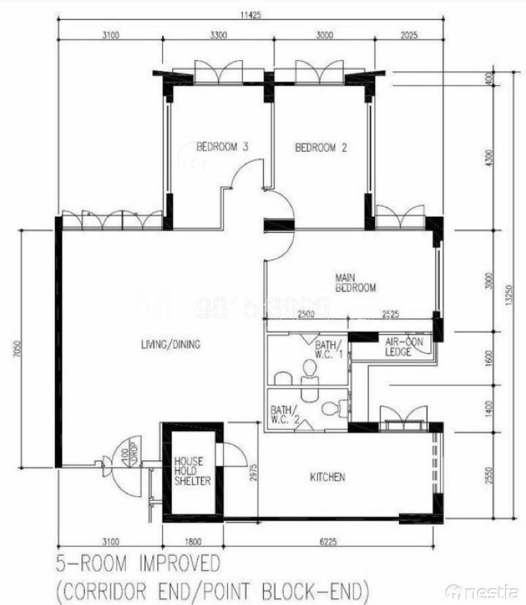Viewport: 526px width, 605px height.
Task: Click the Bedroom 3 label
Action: pyautogui.click(x=222, y=147)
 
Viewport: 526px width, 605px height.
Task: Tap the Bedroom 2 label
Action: pyautogui.click(x=321, y=148)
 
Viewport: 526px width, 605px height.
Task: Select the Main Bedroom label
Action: pyautogui.click(x=355, y=282)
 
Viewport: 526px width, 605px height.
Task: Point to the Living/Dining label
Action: pyautogui.click(x=170, y=344)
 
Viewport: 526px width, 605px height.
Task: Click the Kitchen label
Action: pyautogui.click(x=327, y=477)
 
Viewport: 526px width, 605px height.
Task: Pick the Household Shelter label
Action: pyautogui.click(x=193, y=471)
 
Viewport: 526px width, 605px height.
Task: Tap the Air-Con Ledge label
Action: pyautogui.click(x=398, y=347)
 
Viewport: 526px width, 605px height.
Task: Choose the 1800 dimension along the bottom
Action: pyautogui.click(x=191, y=542)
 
